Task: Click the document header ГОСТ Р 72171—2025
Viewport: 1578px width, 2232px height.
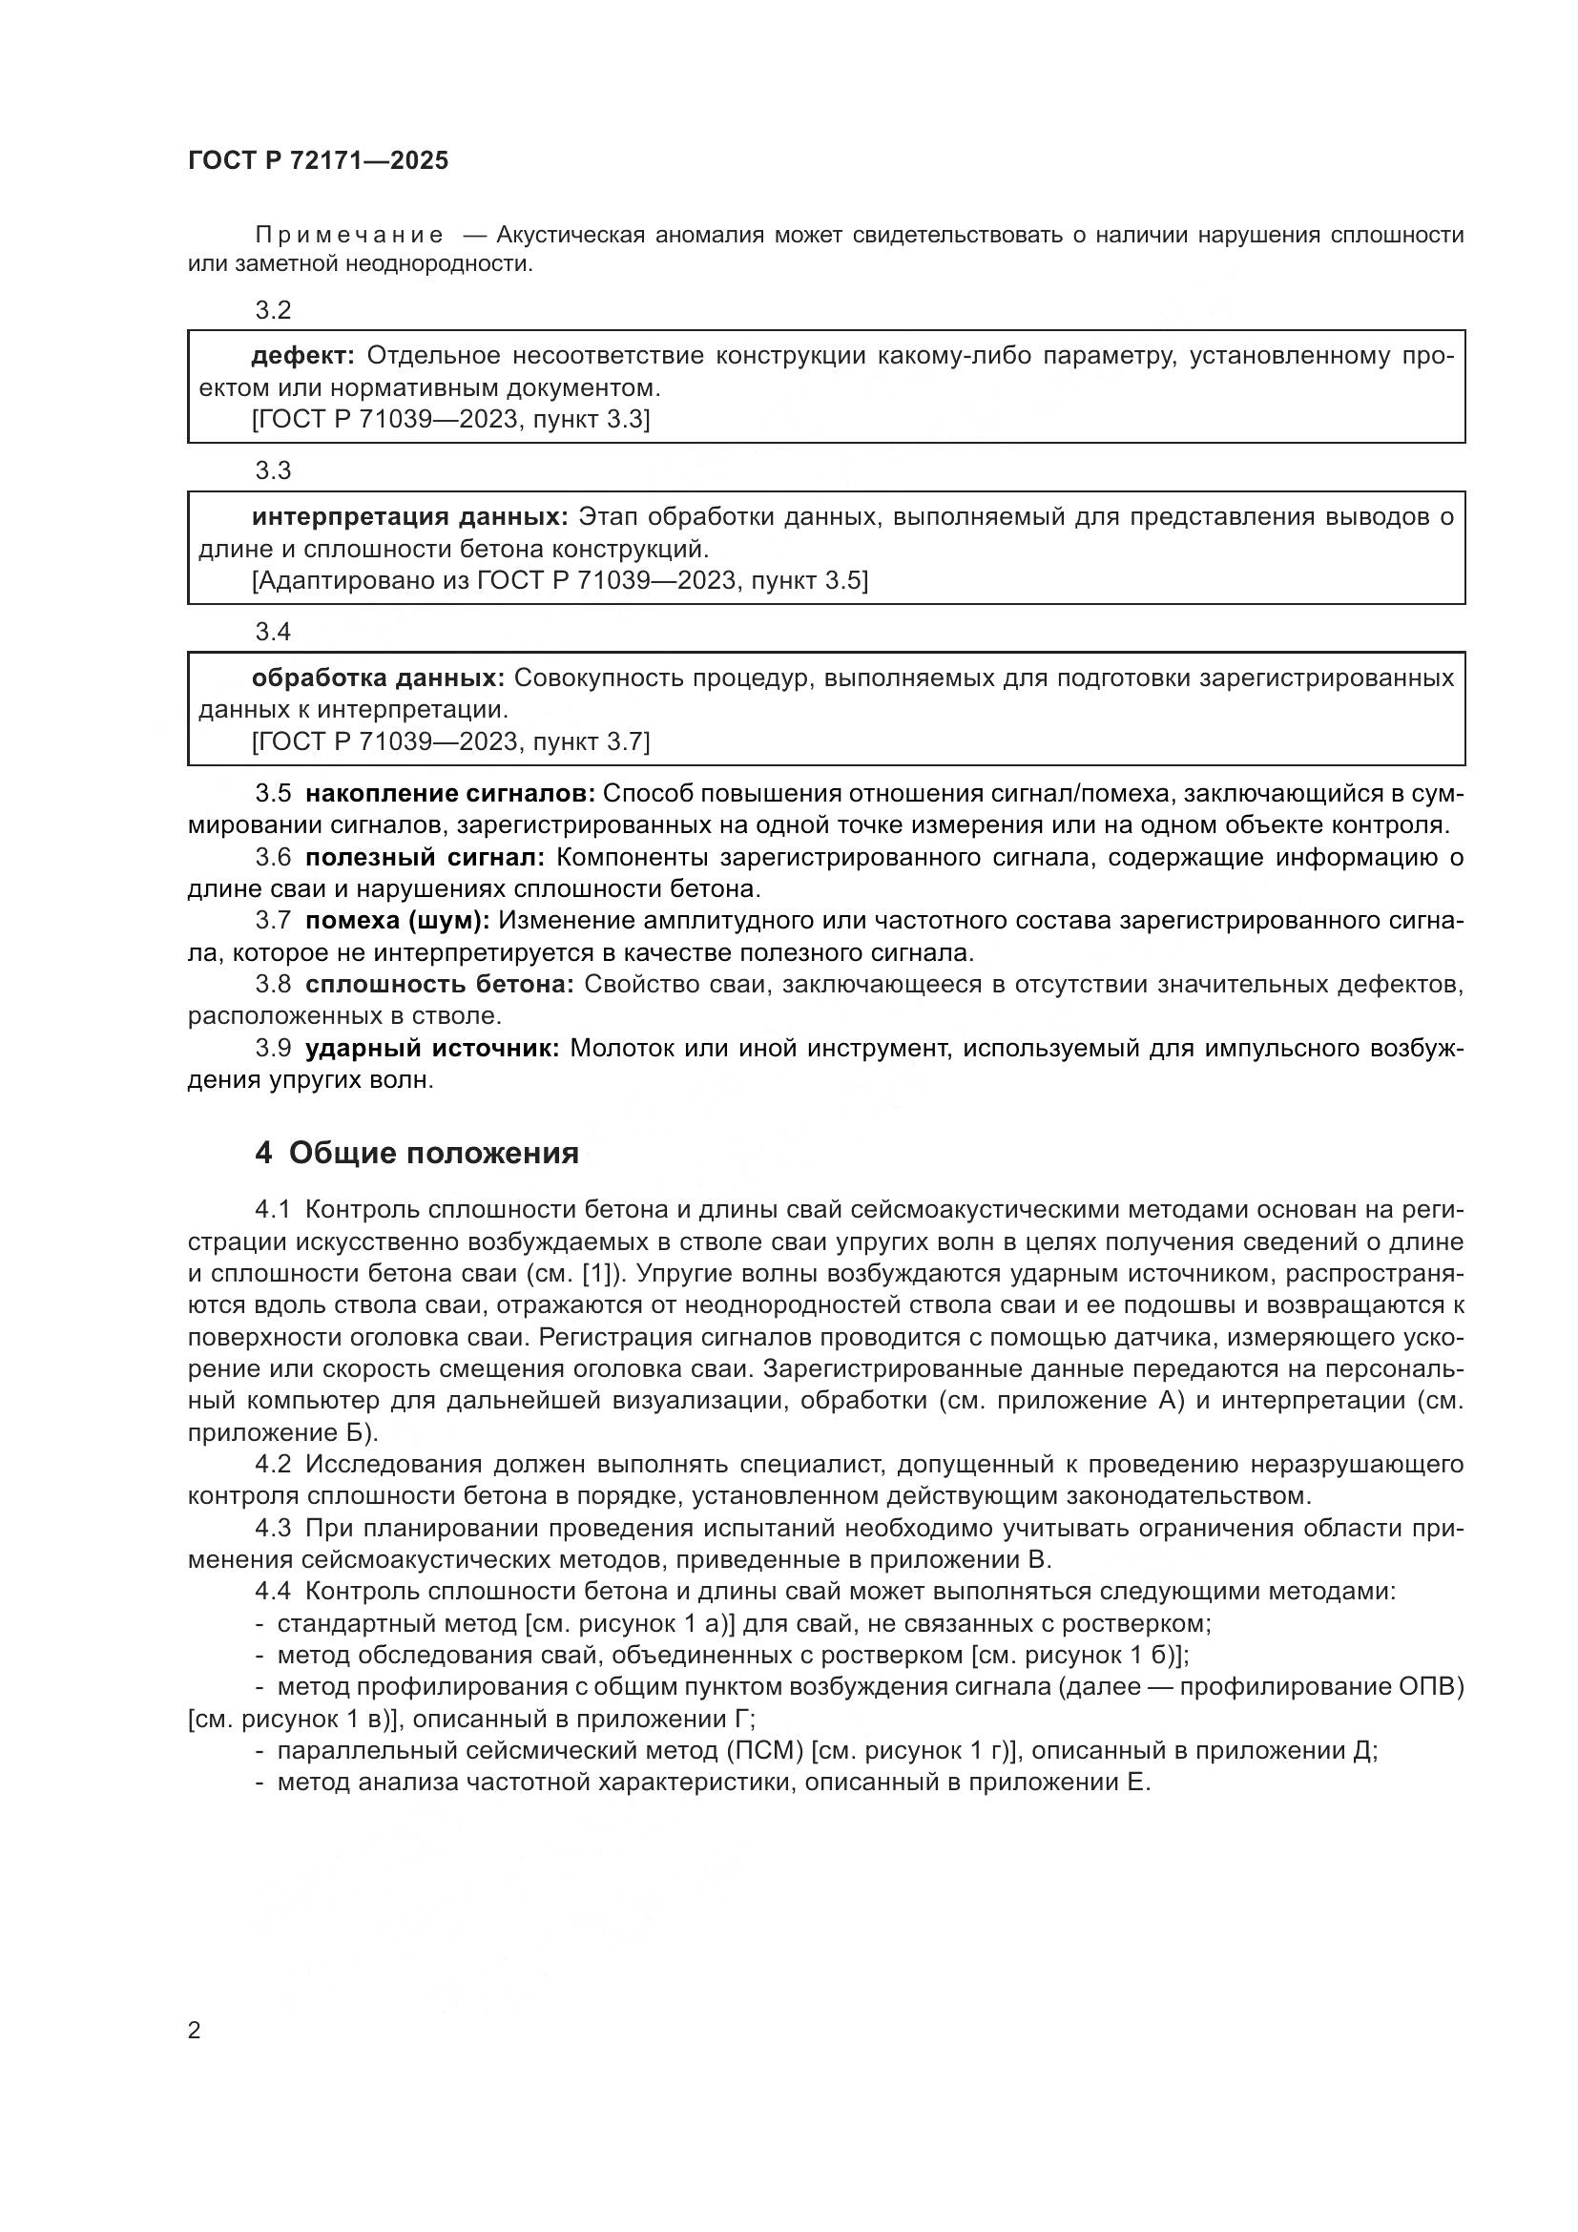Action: pos(318,161)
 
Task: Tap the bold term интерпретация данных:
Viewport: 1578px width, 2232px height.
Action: pos(410,517)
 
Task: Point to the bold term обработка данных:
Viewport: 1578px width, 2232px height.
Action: pos(378,678)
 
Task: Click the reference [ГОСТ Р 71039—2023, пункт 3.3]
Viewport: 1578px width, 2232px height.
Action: pos(451,420)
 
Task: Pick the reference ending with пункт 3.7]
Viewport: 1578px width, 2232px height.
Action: pos(451,741)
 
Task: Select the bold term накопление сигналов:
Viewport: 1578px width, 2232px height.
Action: pos(450,794)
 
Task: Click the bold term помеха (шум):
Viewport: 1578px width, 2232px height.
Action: pos(398,921)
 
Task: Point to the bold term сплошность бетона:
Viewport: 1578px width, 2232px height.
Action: pos(439,985)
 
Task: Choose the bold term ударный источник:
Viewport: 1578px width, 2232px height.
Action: pos(432,1049)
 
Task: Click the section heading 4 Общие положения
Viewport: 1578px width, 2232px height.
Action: pos(417,1153)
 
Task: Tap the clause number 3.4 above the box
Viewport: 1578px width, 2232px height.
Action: pos(273,633)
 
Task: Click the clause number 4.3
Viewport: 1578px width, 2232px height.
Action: pos(273,1529)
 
